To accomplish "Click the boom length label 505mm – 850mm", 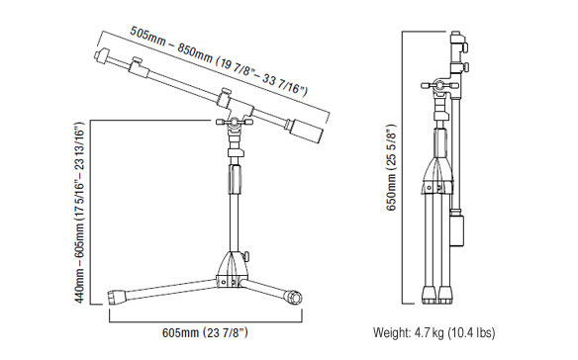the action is pyautogui.click(x=170, y=45).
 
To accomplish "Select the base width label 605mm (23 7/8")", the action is pyautogui.click(x=205, y=332).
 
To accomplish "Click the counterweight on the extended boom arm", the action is pyautogui.click(x=306, y=132).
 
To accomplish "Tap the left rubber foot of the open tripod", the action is pyautogui.click(x=117, y=297).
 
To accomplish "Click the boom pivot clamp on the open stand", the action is pyautogui.click(x=235, y=122).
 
